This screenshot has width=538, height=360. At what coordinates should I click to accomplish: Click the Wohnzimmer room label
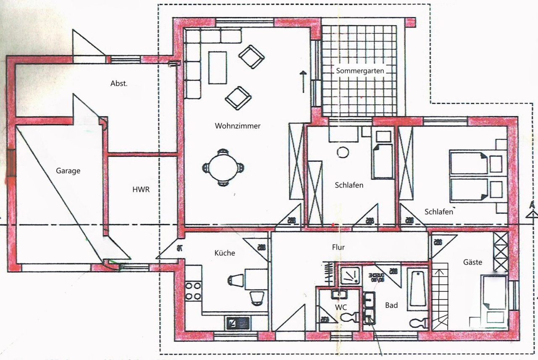point(237,126)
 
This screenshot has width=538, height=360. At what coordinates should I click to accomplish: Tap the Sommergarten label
point(360,71)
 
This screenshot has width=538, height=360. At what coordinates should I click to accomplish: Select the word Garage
point(68,171)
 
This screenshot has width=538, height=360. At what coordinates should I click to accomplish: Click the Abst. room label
point(119,83)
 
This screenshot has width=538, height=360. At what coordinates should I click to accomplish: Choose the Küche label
point(224,253)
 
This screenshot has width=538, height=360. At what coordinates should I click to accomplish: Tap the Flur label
point(338,247)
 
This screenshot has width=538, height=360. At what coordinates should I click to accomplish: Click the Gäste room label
point(472,262)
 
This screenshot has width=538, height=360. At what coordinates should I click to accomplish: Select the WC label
point(340,307)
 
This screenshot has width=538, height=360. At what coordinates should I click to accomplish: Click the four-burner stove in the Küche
point(193,291)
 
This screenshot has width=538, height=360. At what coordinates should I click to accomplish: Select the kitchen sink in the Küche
point(238,323)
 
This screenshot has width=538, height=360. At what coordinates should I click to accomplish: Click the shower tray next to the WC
point(350,276)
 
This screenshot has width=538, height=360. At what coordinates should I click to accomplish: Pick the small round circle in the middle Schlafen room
point(343,152)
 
